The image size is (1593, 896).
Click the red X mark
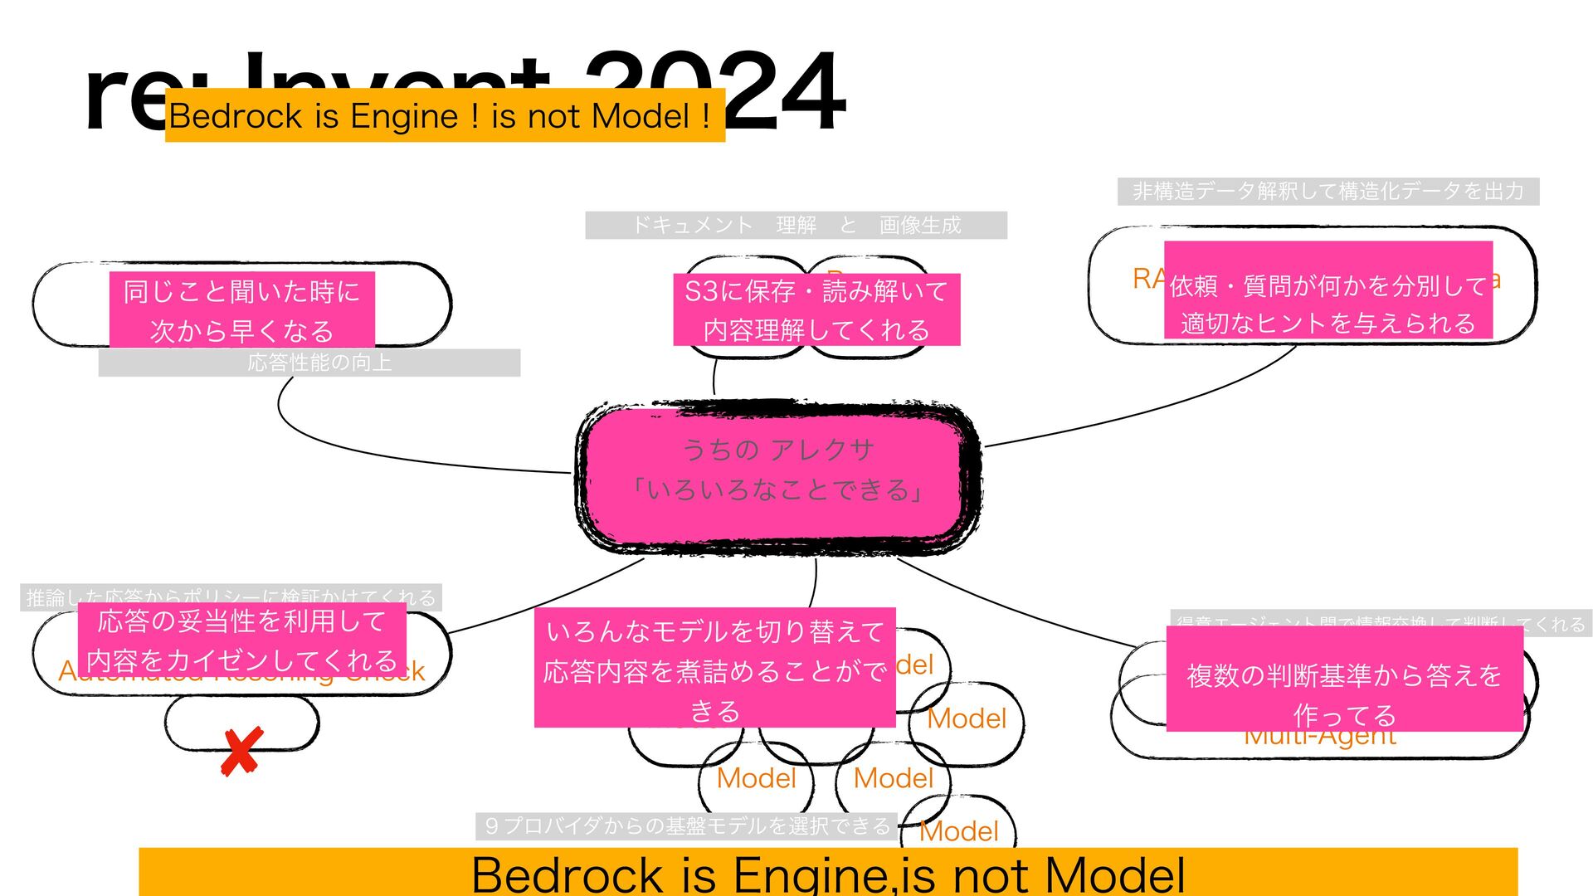[x=241, y=752]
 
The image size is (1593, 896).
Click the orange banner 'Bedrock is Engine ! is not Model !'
[x=445, y=115]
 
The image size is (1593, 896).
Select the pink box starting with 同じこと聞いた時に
[x=241, y=309]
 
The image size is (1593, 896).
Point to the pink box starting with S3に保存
[x=816, y=309]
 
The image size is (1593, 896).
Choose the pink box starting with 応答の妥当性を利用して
[x=241, y=640]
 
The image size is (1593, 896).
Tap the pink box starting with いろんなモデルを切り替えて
[x=714, y=668]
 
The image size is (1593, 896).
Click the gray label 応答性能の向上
[x=319, y=363]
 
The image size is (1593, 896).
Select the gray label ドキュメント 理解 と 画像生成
[x=796, y=225]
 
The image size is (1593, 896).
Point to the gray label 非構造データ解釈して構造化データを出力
[x=1328, y=192]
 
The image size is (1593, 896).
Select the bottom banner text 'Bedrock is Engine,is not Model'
[x=828, y=874]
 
